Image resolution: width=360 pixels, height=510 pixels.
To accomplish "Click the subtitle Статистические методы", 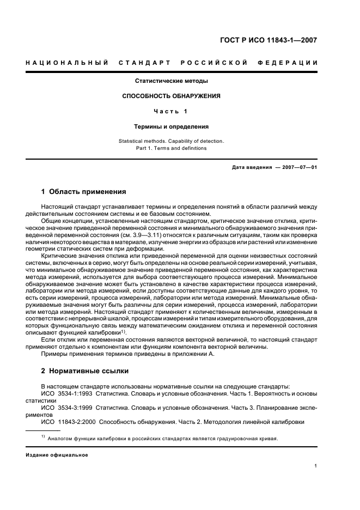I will pyautogui.click(x=172, y=81).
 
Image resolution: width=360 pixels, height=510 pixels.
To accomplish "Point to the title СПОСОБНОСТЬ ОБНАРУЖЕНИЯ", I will pyautogui.click(x=172, y=96).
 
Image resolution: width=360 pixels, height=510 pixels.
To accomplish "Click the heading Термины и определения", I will pyautogui.click(x=172, y=126).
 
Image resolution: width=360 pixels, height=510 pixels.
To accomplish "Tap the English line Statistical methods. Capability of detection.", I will pyautogui.click(x=172, y=141).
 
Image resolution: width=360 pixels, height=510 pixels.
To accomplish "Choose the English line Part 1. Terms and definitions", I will pyautogui.click(x=172, y=148).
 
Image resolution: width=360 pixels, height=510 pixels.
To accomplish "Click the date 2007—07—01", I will pyautogui.click(x=298, y=167).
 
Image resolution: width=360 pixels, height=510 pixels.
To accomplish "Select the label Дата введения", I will pyautogui.click(x=252, y=167).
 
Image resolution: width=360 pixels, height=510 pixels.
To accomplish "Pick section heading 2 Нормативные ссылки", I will pyautogui.click(x=85, y=371).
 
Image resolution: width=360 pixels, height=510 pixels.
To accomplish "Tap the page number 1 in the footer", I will pyautogui.click(x=316, y=466).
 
